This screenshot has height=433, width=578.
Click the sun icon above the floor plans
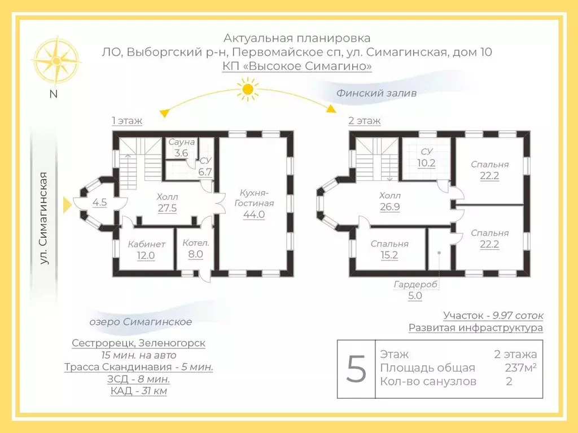click(248, 89)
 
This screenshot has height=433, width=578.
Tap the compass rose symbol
click(56, 60)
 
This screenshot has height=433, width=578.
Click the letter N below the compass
click(54, 94)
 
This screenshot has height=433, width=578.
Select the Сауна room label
click(181, 142)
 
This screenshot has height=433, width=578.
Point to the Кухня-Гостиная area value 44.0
click(254, 214)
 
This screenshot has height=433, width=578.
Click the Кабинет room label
click(146, 244)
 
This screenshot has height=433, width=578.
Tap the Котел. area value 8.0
click(195, 254)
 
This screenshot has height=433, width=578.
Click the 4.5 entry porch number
click(99, 202)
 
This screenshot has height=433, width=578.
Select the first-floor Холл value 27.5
click(167, 208)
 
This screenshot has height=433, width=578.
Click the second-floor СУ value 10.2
click(426, 163)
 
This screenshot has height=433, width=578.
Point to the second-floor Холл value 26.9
click(389, 207)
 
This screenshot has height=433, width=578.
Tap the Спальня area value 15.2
click(389, 255)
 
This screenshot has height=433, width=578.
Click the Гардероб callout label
click(415, 285)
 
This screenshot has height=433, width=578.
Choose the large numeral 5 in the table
click(356, 369)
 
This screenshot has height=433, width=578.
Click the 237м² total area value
click(520, 368)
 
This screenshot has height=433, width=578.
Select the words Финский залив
click(376, 93)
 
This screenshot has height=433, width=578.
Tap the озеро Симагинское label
click(141, 322)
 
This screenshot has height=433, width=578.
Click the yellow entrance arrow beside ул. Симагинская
click(67, 205)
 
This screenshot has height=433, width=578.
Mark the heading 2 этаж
click(365, 121)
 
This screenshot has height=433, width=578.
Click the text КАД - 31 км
click(139, 391)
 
